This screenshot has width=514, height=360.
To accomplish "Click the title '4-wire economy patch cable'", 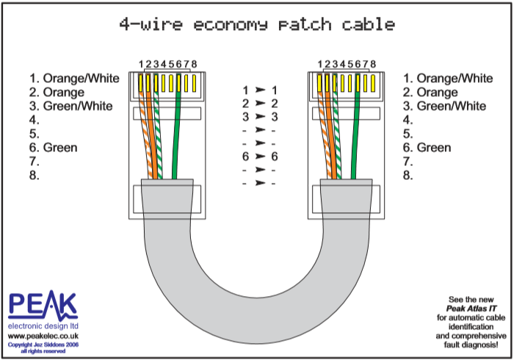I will tap(257, 24).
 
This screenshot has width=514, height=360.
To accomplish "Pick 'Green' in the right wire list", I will tap(433, 148).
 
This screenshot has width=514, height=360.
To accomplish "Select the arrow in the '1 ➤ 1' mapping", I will tap(259, 90).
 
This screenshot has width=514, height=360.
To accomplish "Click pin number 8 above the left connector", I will tap(194, 65).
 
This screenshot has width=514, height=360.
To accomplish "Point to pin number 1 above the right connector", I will tap(319, 65).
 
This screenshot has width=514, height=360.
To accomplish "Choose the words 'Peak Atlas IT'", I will tap(472, 309).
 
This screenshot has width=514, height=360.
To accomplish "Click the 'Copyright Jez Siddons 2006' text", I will tap(43, 344).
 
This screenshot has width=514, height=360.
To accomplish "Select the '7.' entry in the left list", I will tap(34, 162).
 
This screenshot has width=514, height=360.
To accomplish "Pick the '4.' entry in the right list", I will tap(408, 120).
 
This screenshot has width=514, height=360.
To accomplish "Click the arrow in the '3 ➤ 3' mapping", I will tap(259, 117).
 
